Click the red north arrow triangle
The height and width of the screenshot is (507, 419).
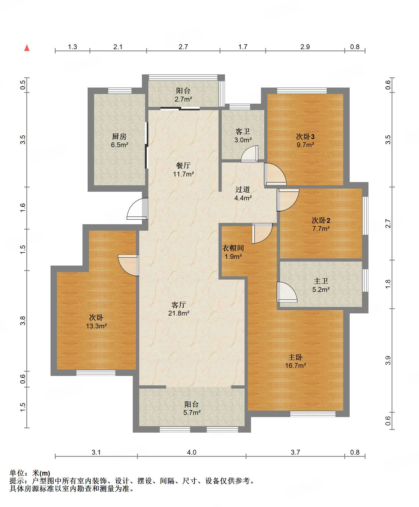click(27, 48)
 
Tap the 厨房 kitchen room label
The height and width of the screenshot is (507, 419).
click(119, 136)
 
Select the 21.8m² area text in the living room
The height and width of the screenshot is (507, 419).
click(179, 313)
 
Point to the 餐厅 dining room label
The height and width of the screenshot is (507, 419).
click(183, 165)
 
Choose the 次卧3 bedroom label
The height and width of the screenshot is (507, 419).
click(305, 136)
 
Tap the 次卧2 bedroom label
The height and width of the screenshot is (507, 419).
click(321, 220)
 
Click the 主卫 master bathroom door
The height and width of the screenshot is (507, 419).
click(287, 292)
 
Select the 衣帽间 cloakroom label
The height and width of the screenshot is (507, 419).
click(233, 248)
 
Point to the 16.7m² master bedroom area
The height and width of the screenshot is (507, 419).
click(296, 365)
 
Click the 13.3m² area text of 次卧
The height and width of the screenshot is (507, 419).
click(96, 326)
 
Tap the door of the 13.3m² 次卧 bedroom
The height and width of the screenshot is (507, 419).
click(128, 265)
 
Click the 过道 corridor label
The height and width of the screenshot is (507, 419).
click(243, 189)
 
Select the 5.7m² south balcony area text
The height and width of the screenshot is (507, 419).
click(192, 412)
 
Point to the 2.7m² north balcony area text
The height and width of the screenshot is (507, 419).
click(183, 99)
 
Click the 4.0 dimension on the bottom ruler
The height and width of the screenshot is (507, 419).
click(192, 452)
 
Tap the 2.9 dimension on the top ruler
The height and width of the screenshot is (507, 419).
click(305, 47)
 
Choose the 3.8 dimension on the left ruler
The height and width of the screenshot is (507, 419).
click(23, 321)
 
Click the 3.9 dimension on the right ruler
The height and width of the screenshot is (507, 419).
click(388, 360)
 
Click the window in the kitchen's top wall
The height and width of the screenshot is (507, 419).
click(120, 91)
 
